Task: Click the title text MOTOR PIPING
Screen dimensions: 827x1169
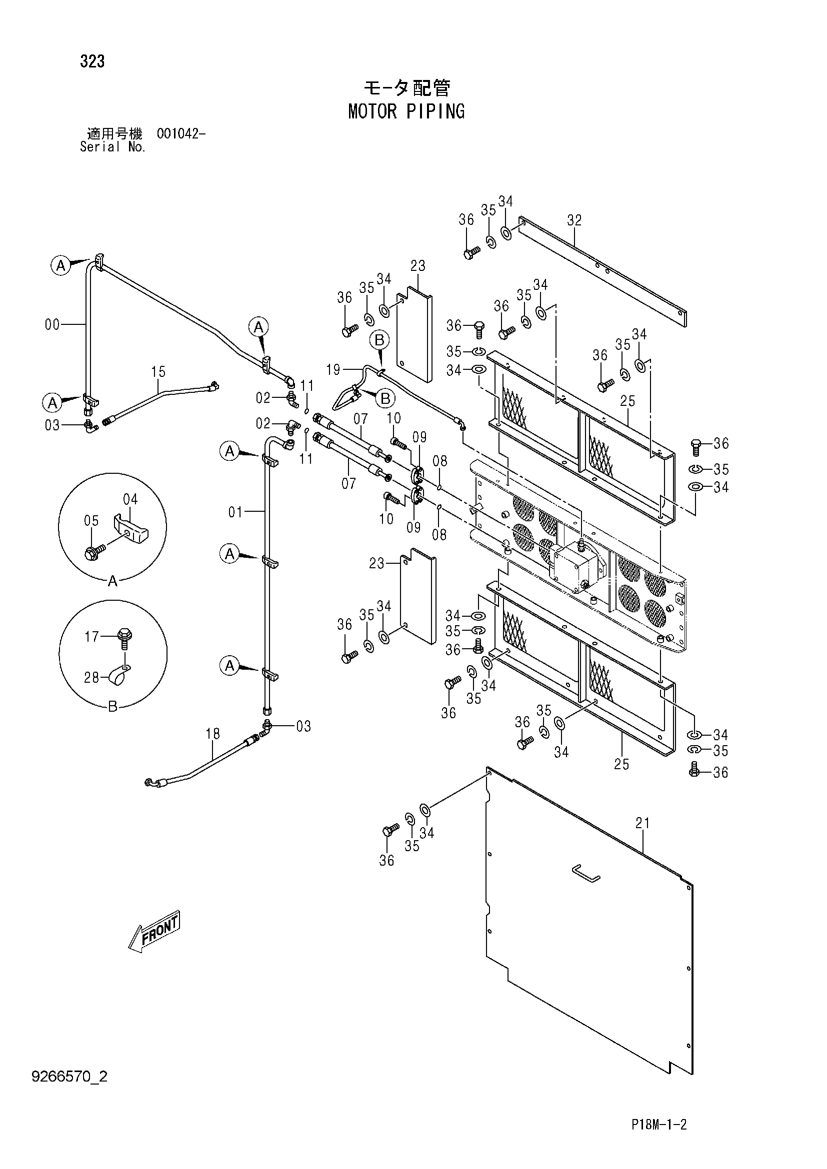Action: (x=406, y=111)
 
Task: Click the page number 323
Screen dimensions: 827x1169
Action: (x=92, y=61)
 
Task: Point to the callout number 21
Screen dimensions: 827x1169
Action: (x=642, y=823)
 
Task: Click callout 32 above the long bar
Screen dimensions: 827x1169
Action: (x=574, y=220)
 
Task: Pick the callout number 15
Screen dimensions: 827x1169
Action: (x=158, y=372)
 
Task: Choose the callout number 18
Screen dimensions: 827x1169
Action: (x=213, y=734)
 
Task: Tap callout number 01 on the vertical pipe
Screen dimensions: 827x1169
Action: (x=235, y=512)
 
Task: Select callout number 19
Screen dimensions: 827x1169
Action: (x=333, y=370)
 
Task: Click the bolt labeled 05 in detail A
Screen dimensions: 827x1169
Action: (x=95, y=551)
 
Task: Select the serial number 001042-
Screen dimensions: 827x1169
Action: (x=181, y=134)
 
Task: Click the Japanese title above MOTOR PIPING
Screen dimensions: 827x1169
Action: (x=406, y=88)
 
